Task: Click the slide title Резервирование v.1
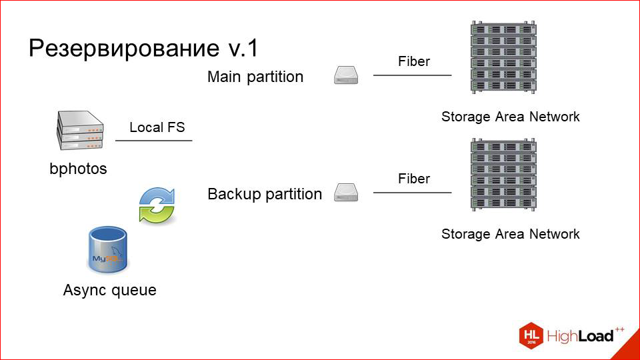(x=143, y=48)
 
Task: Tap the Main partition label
(x=255, y=77)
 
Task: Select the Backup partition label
(x=265, y=194)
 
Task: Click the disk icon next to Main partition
(x=346, y=75)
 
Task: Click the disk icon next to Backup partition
(x=346, y=193)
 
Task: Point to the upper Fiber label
(x=414, y=61)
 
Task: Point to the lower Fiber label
(x=414, y=179)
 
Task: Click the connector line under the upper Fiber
(x=412, y=75)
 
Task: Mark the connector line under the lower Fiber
(x=412, y=193)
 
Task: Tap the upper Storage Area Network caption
(x=510, y=117)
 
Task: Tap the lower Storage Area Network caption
(x=510, y=234)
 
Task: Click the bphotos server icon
(x=79, y=131)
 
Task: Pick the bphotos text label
(x=78, y=169)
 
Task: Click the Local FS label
(x=157, y=127)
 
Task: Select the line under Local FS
(x=153, y=141)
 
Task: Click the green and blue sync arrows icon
(x=156, y=204)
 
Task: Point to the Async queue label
(x=109, y=290)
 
